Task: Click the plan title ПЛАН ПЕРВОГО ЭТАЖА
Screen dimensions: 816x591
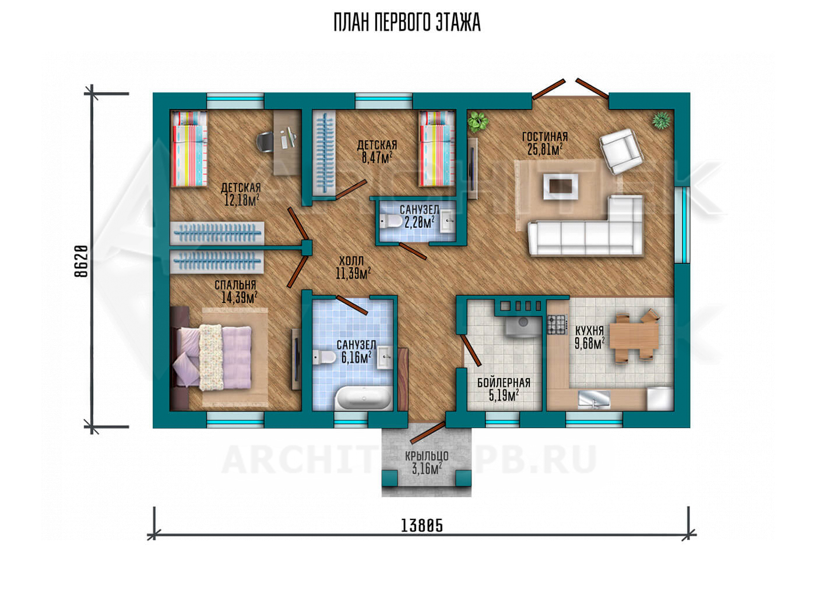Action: (x=407, y=23)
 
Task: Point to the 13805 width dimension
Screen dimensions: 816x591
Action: (x=422, y=525)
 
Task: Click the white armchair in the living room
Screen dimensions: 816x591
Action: (x=621, y=151)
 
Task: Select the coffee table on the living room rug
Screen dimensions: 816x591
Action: (x=560, y=186)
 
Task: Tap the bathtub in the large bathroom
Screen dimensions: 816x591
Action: (x=363, y=399)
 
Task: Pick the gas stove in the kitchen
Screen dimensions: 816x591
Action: (x=557, y=325)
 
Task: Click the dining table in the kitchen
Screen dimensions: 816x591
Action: (x=634, y=337)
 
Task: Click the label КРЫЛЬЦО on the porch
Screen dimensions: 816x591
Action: (x=427, y=455)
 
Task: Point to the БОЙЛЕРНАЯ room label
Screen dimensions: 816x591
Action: (x=504, y=383)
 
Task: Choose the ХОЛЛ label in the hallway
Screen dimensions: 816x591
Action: (x=351, y=261)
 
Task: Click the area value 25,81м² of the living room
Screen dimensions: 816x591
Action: (x=545, y=150)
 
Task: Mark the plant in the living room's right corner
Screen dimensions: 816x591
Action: (x=661, y=120)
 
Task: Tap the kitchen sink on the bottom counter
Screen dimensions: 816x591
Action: (x=594, y=398)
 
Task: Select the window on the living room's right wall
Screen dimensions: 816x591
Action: (x=682, y=225)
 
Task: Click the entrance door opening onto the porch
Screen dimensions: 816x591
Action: (x=428, y=433)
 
